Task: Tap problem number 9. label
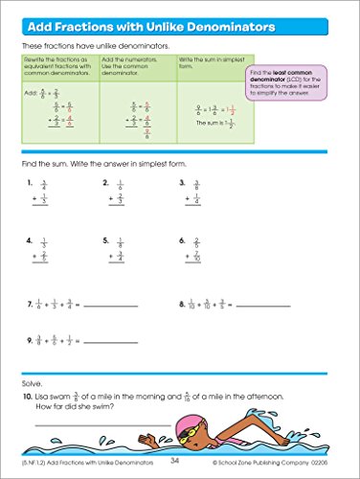tap(31, 339)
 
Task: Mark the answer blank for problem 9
tap(112, 341)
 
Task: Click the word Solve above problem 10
tap(32, 382)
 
